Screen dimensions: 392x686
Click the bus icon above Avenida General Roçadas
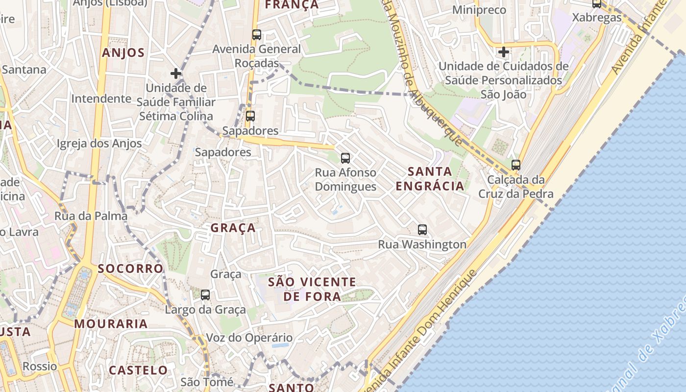257,35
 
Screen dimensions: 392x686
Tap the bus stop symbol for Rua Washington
422,229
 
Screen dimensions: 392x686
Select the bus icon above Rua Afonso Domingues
345,158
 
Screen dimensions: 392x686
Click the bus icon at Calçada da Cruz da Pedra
515,165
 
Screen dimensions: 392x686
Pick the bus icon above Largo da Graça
205,295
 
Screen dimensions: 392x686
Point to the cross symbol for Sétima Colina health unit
176,73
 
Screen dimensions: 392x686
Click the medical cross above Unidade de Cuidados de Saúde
504,51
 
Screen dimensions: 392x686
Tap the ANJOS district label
123,53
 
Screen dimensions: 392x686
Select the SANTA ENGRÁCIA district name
430,179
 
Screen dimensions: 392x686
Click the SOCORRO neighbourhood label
130,269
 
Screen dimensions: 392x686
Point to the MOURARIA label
111,324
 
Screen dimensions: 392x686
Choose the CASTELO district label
138,370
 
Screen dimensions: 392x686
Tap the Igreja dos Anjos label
99,144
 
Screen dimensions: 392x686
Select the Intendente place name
101,98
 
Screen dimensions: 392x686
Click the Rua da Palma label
91,216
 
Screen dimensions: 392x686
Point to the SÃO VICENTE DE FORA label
312,289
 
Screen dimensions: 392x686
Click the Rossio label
40,367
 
